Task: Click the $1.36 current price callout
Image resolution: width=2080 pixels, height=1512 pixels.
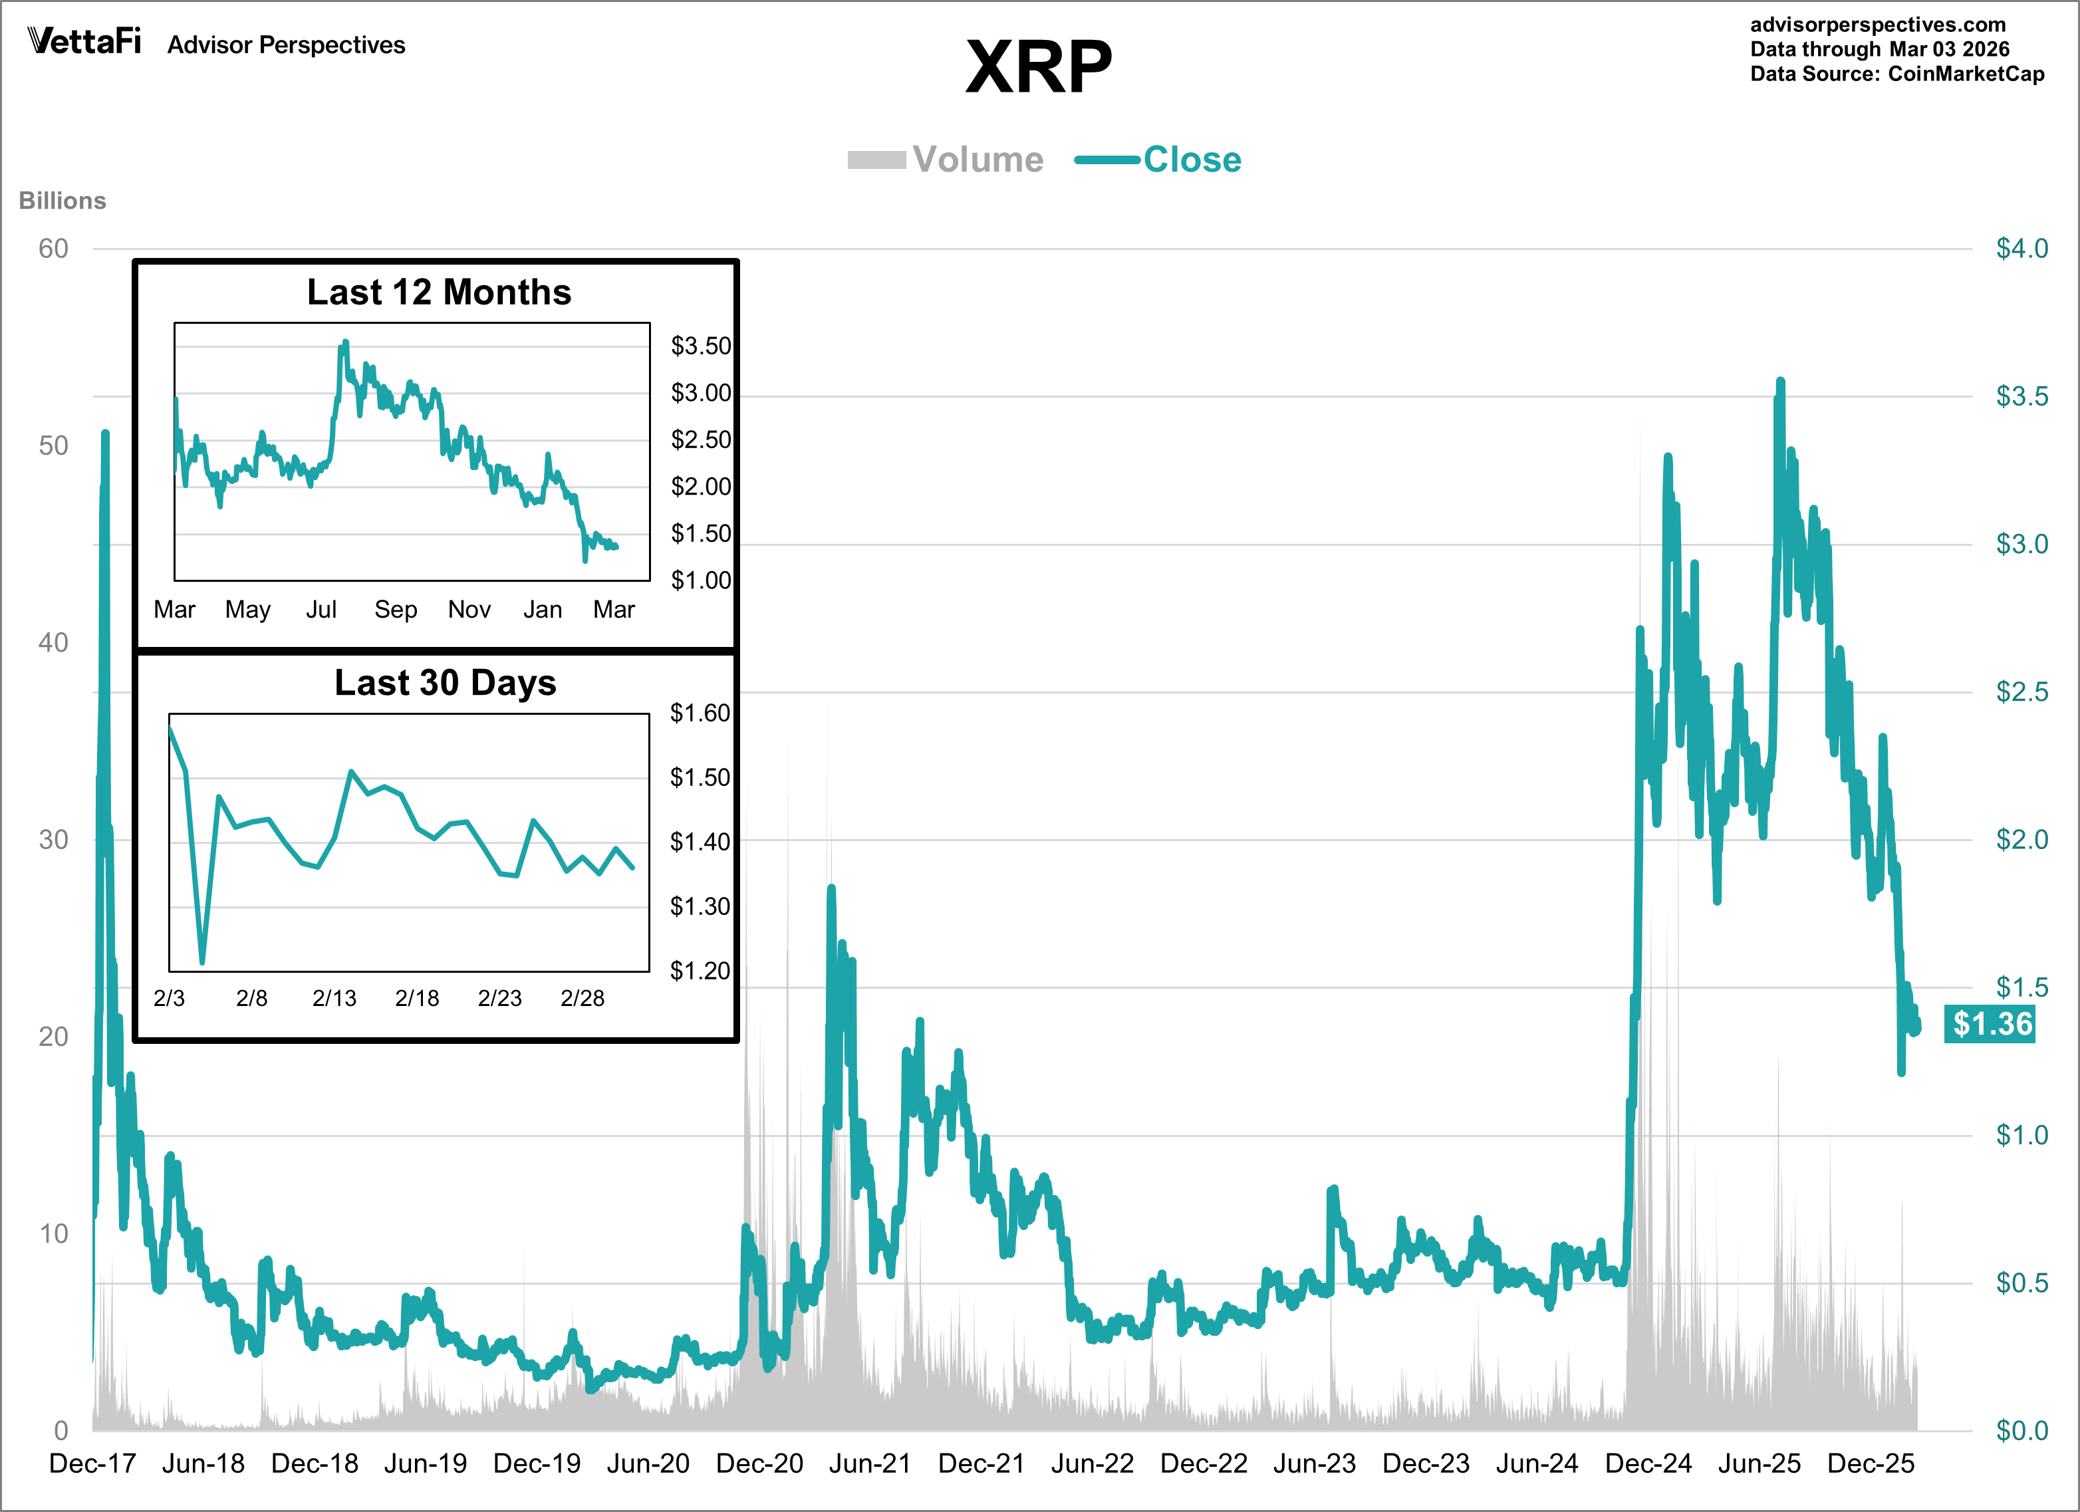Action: pyautogui.click(x=1991, y=1023)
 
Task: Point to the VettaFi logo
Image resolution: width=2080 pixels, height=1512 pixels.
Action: pyautogui.click(x=84, y=41)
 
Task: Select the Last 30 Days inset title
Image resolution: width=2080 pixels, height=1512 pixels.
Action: pyautogui.click(x=445, y=682)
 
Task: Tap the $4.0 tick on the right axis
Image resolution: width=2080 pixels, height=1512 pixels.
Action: pyautogui.click(x=2021, y=249)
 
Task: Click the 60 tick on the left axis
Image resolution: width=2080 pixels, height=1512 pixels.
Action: pyautogui.click(x=53, y=249)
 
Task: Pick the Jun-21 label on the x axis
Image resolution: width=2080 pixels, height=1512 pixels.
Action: pyautogui.click(x=869, y=1463)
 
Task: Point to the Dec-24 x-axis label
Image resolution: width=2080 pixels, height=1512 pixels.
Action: pyautogui.click(x=1647, y=1463)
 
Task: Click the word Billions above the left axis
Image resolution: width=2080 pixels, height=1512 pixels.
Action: pyautogui.click(x=63, y=201)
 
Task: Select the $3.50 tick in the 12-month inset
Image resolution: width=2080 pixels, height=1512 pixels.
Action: pyautogui.click(x=701, y=346)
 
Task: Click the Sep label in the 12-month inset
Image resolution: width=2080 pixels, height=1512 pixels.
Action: pyautogui.click(x=395, y=609)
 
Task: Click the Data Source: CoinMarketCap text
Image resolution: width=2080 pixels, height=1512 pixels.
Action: pyautogui.click(x=1896, y=74)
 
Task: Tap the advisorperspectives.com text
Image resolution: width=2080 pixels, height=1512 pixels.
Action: pyautogui.click(x=1877, y=25)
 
